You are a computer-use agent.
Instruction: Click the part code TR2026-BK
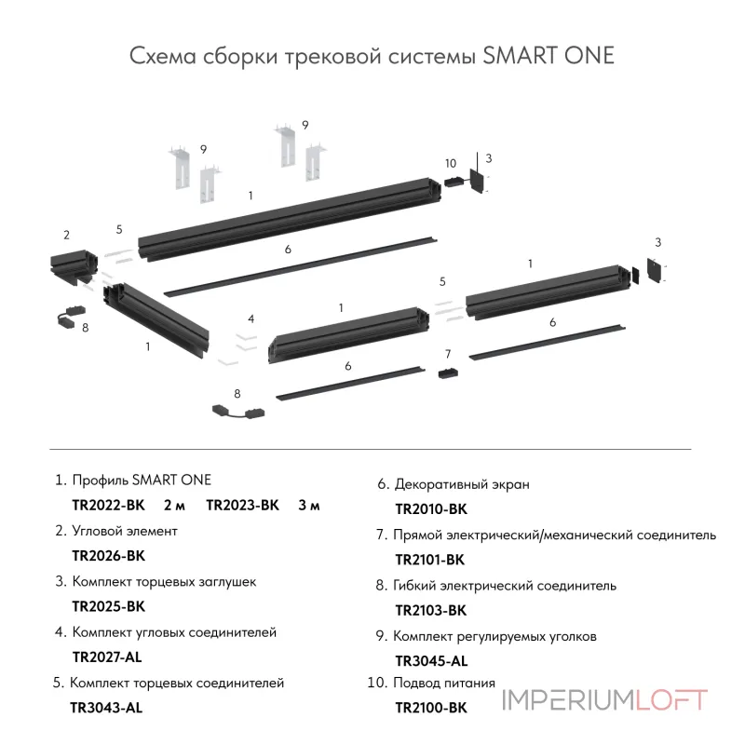(x=108, y=556)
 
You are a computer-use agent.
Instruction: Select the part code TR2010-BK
(x=430, y=509)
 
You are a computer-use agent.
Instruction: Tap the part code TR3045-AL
(x=431, y=661)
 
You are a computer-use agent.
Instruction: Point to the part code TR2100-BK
(x=430, y=709)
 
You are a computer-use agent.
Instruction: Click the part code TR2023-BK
(x=242, y=506)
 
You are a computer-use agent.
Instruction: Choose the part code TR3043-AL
(x=106, y=708)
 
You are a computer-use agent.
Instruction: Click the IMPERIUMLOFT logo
(x=605, y=700)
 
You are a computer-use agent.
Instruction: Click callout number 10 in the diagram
(x=451, y=163)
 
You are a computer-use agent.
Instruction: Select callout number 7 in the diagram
(x=448, y=354)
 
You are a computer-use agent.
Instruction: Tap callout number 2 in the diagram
(x=66, y=234)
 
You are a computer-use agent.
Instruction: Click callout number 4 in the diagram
(x=251, y=318)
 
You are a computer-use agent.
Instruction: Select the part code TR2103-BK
(x=430, y=611)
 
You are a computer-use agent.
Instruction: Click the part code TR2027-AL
(x=107, y=657)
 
